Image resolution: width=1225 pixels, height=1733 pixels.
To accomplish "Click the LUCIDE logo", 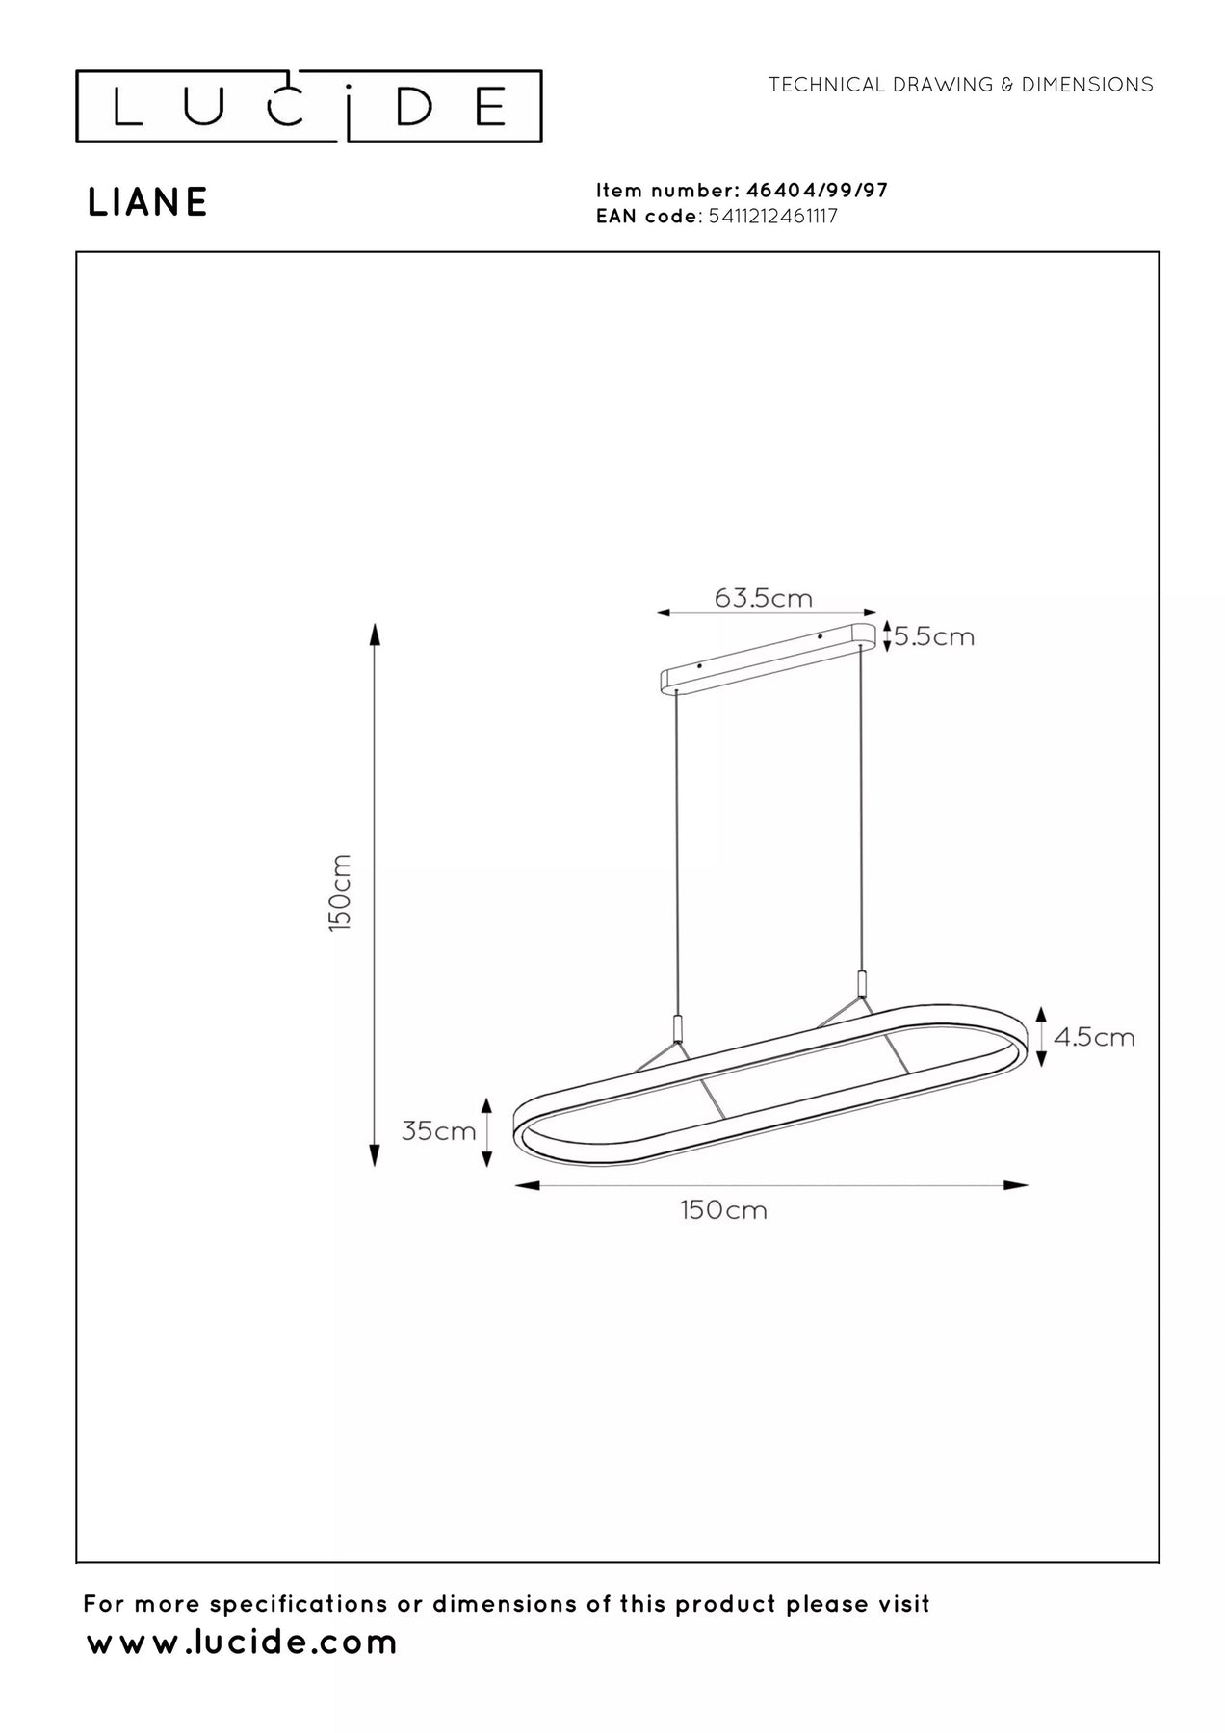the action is click(308, 106).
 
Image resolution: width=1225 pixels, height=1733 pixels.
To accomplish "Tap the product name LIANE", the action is click(148, 202).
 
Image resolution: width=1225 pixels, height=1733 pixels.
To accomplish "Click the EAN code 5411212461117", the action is click(772, 217).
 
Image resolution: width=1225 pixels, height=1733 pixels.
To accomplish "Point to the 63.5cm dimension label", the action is click(764, 598).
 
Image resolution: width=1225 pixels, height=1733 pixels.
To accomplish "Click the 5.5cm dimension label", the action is click(934, 636).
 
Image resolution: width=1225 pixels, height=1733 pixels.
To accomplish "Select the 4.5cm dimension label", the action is click(1094, 1037).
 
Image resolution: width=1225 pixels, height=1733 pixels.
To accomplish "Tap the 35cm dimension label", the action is click(439, 1130).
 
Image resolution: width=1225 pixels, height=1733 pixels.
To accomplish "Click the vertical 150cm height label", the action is click(339, 892).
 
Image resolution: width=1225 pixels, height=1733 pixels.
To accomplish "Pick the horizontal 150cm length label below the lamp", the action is click(724, 1210).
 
